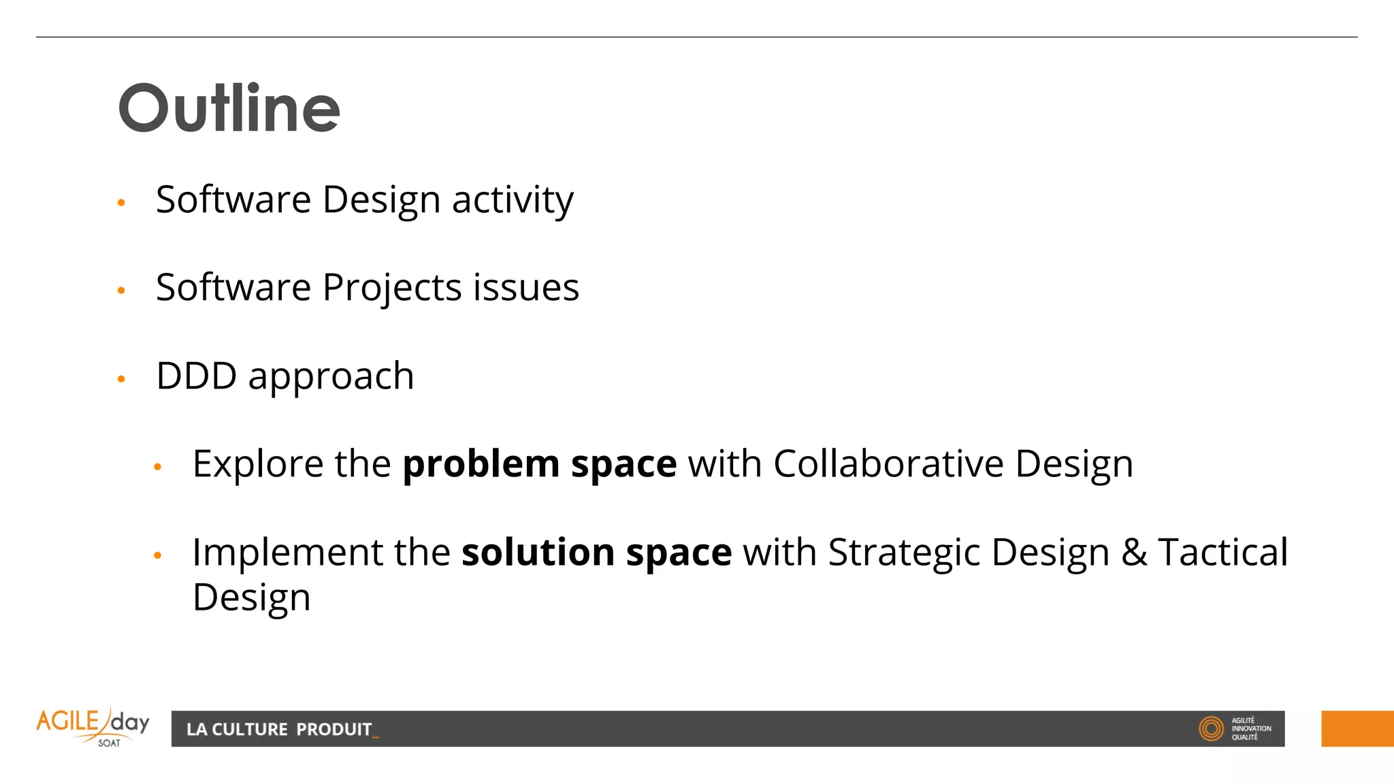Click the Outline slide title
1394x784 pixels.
point(229,108)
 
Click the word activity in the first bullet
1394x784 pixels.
point(513,200)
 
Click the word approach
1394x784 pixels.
point(331,377)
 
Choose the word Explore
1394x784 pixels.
point(257,465)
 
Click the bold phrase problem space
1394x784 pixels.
point(540,465)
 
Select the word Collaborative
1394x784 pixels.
point(888,464)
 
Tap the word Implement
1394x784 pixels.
point(288,552)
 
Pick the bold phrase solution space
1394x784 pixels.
point(596,552)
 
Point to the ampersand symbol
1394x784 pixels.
point(1134,552)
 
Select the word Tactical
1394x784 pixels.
point(1223,552)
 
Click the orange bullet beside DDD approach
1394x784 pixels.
point(122,378)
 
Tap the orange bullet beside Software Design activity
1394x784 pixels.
point(122,202)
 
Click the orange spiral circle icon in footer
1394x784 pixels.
point(1211,728)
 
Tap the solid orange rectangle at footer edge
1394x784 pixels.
point(1357,729)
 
